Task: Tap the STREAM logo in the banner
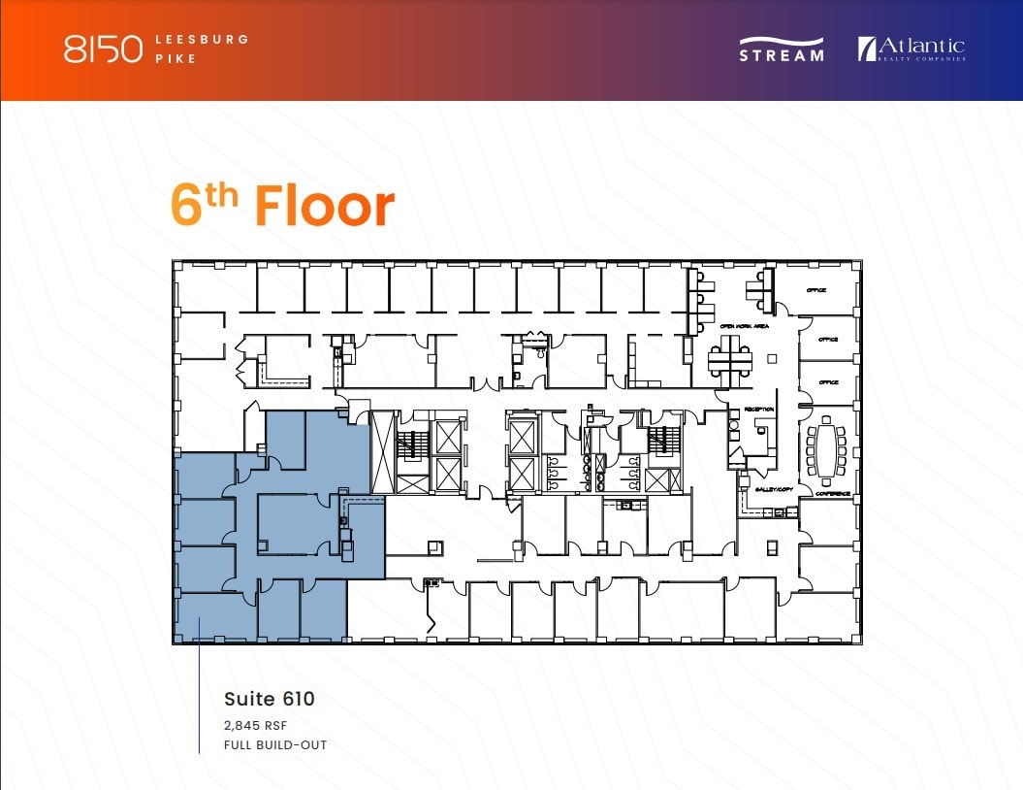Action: pos(782,49)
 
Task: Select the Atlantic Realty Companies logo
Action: pos(911,49)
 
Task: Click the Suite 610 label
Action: pos(269,698)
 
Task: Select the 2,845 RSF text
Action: pos(256,725)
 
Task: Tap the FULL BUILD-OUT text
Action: pos(274,745)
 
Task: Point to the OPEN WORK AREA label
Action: pos(746,327)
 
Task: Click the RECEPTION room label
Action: pos(758,409)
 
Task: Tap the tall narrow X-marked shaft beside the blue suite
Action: pos(384,451)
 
